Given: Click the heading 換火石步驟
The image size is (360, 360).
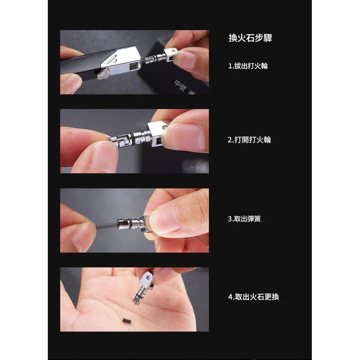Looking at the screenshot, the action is [x=250, y=38].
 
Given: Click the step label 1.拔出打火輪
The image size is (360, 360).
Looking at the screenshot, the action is [x=248, y=66].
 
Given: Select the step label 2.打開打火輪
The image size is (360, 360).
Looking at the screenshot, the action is [x=249, y=140].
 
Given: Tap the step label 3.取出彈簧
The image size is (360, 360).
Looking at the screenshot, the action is [x=245, y=219].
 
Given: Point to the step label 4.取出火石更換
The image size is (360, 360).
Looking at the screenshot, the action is [x=253, y=297].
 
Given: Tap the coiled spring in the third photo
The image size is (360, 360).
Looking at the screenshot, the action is [x=106, y=226].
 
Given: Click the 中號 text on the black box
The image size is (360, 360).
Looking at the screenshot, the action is [x=180, y=86].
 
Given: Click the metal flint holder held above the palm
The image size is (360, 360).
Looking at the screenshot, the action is [x=143, y=288].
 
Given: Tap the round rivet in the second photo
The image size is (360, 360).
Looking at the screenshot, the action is [x=165, y=127].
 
